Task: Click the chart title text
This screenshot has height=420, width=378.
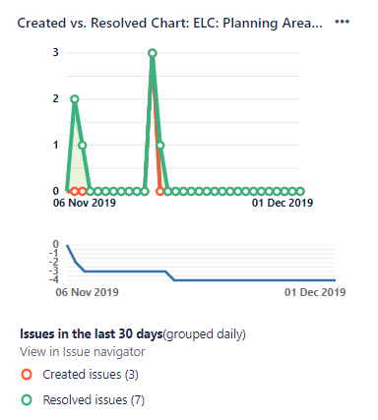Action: (169, 22)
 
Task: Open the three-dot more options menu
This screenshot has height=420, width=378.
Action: (343, 22)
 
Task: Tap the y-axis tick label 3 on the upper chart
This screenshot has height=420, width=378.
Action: (55, 52)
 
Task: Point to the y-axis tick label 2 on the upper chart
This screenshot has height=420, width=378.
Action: (55, 98)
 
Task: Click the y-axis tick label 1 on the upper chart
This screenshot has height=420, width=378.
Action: (55, 145)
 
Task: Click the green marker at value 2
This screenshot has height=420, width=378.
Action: (74, 99)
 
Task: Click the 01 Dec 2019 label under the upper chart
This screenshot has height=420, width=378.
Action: (283, 204)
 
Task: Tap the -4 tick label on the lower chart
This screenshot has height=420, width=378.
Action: (56, 279)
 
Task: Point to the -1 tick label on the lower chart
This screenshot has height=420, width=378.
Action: (56, 253)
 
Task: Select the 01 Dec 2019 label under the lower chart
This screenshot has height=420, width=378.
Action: (315, 292)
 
